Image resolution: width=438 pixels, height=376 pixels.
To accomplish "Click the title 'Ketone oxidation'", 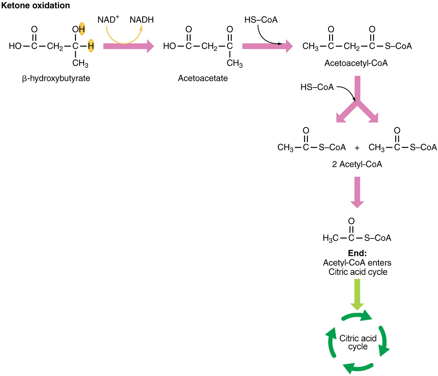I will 35,6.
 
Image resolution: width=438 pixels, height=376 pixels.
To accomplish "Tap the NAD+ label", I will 108,20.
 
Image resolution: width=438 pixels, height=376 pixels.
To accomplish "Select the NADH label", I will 142,20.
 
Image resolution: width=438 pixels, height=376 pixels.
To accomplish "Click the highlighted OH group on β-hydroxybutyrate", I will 79,29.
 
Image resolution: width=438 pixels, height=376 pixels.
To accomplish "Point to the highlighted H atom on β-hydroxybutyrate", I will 91,46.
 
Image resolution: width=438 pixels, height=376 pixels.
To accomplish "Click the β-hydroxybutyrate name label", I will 56,78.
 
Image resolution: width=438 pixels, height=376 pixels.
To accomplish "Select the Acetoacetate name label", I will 203,78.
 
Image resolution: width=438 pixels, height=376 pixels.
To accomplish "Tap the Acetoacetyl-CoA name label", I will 356,63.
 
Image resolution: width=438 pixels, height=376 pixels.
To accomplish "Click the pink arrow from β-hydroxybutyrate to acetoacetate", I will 128,46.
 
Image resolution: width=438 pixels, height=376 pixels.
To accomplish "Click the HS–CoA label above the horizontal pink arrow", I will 261,20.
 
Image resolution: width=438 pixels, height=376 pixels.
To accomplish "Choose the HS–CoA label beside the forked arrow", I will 317,87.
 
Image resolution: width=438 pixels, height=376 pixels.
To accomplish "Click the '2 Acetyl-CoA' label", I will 357,164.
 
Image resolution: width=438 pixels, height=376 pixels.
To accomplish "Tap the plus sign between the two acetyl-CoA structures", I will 357,148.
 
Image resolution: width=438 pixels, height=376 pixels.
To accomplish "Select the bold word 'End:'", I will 357,253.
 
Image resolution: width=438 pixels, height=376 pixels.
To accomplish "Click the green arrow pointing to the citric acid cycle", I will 357,294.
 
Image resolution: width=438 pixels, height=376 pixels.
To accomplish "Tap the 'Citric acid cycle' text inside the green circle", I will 358,342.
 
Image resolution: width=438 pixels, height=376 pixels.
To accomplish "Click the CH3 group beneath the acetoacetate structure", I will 234,63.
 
